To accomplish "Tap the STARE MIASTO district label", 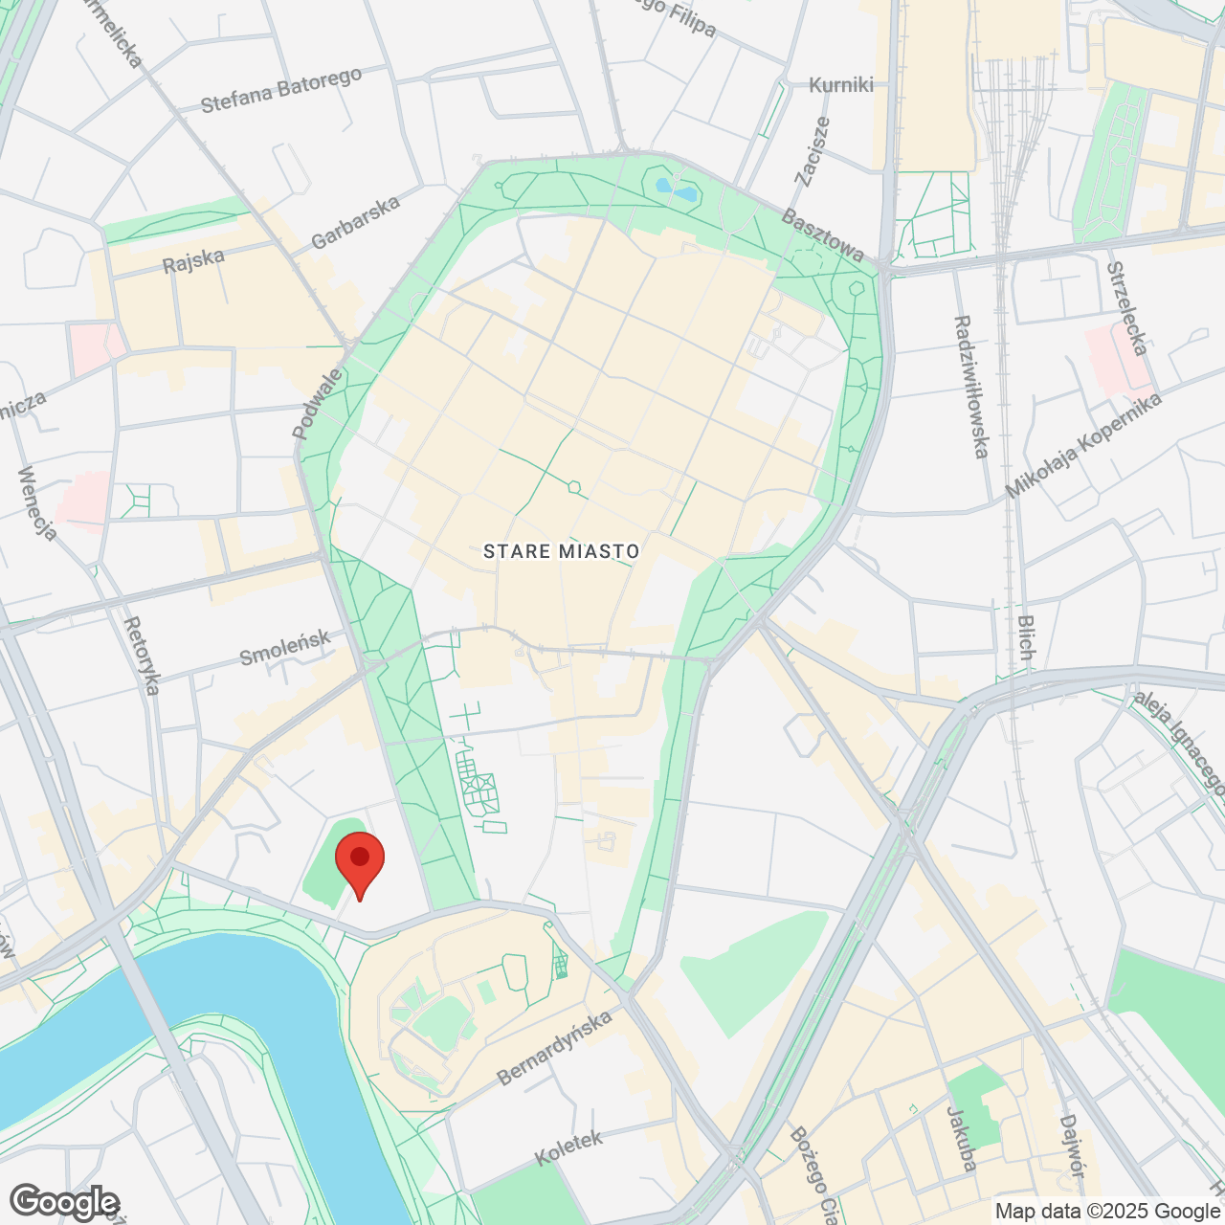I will coord(561,551).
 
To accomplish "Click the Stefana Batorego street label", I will coord(281,90).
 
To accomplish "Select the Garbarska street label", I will coord(355,223).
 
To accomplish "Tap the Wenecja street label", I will coord(37,502).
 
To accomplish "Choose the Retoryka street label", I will coord(142,656).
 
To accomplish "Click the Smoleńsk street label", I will coord(284,648).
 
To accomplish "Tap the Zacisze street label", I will coord(813,150).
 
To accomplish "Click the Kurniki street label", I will coord(841,85).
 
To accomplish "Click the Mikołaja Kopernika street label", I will coord(1083,445).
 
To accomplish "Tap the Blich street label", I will coord(1026,637).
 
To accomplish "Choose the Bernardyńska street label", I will coord(554,1048).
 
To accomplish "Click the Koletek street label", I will coord(568,1147).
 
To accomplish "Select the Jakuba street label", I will coord(961,1139).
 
